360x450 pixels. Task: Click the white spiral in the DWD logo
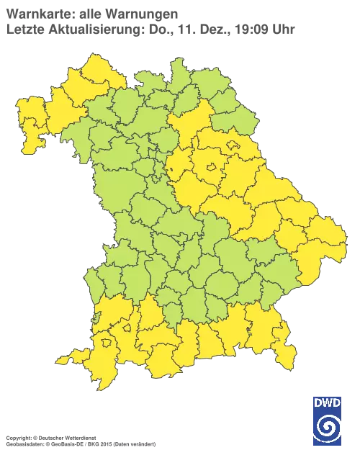327,425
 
